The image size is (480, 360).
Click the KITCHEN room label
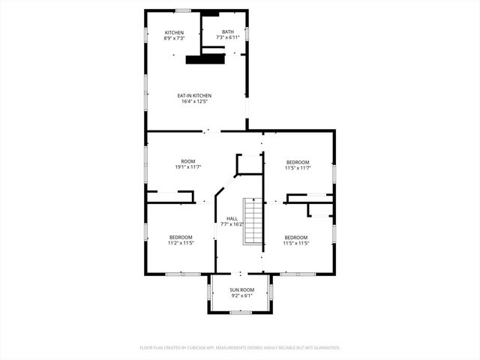pos(175,32)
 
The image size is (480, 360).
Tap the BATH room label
pos(227,31)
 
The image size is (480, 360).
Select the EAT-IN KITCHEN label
pos(194,95)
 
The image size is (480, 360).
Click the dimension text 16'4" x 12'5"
pos(194,101)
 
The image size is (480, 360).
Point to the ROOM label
pos(187,162)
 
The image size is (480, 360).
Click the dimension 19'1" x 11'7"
pos(187,168)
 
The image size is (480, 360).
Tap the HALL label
pos(232,218)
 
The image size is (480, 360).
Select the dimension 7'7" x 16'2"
pos(232,224)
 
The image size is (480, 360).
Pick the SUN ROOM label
pos(241,289)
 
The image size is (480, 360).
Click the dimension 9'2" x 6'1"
pos(241,295)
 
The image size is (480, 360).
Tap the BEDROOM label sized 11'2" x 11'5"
pos(181,238)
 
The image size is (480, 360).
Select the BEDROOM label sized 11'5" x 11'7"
pos(297,162)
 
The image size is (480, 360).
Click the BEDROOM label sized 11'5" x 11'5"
pos(295,238)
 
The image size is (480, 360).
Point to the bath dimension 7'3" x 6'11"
pos(227,37)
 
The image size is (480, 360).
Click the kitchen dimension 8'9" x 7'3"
pos(175,38)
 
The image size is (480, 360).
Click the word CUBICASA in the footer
pos(193,348)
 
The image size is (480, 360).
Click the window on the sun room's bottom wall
pos(240,312)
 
